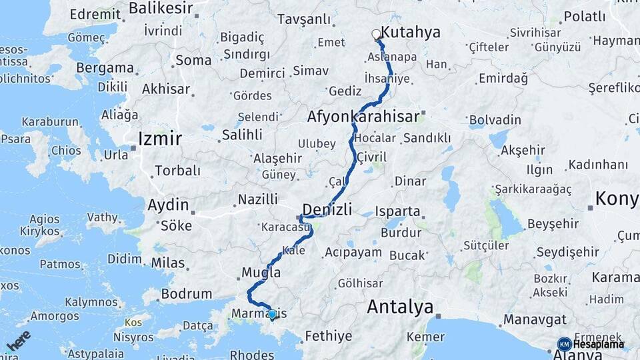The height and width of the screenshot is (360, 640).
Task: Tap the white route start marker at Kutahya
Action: (376, 33)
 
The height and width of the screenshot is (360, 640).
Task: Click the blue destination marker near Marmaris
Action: (272, 314)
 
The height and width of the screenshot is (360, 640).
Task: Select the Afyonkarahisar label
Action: (363, 117)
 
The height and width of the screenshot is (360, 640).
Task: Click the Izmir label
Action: (159, 139)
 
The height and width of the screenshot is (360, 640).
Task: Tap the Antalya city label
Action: (400, 307)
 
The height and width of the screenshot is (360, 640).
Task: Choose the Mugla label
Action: (261, 272)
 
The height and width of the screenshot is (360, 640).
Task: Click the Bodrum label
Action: (189, 293)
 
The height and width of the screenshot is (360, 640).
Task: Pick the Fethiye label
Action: (328, 336)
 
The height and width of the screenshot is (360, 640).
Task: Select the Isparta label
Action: (398, 212)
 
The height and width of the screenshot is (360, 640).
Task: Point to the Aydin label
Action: (167, 205)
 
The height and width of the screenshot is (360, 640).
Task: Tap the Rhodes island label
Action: (251, 355)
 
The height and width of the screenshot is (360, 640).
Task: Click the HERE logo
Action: (19, 340)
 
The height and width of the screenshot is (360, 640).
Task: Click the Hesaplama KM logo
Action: (591, 344)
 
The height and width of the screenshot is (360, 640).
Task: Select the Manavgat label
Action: (534, 319)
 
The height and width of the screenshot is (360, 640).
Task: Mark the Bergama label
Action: (105, 68)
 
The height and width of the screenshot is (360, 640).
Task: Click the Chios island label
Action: (65, 151)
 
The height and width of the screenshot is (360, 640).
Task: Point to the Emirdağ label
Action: (503, 79)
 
